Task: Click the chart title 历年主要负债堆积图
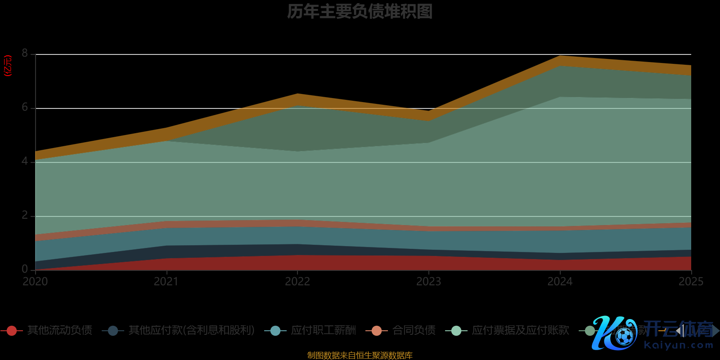tap(360, 12)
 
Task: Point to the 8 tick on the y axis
tap(25, 54)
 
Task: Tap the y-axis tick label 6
tap(25, 108)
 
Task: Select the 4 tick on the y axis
tap(25, 162)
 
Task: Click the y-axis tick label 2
tap(25, 216)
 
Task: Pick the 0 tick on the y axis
tap(25, 269)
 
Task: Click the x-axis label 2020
tap(35, 282)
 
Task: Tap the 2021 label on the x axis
tap(166, 282)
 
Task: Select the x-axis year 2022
tap(297, 282)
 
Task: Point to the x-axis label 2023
tap(428, 282)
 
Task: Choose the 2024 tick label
tap(560, 282)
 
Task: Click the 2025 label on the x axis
tap(691, 282)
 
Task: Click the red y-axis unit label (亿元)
tap(8, 66)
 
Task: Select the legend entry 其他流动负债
tap(59, 331)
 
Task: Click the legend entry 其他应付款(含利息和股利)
tap(191, 331)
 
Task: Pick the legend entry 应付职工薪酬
tap(323, 331)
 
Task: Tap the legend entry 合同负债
tap(414, 331)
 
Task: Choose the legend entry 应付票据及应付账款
tap(520, 331)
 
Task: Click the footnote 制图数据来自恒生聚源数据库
tap(360, 355)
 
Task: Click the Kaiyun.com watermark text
tap(679, 346)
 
